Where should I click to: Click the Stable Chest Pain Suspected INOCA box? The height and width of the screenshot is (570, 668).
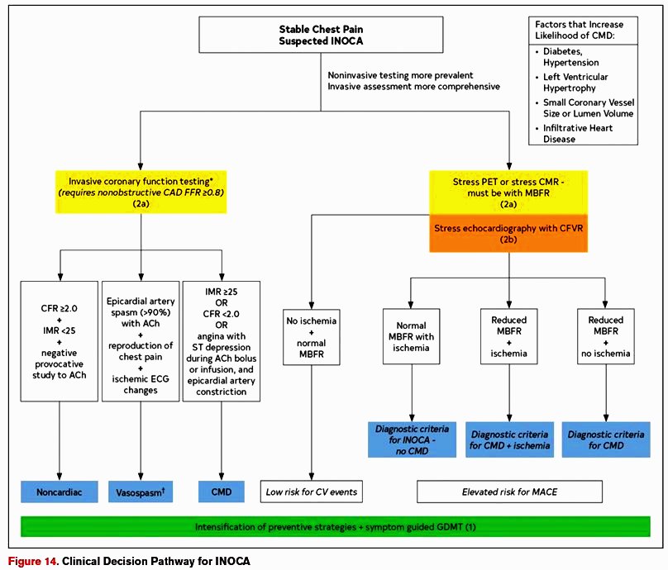tap(321, 35)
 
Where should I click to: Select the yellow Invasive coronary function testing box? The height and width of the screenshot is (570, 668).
tap(141, 192)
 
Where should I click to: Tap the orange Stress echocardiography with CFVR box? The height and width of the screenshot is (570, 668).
tap(508, 233)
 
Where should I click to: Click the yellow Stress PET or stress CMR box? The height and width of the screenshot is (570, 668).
tap(508, 192)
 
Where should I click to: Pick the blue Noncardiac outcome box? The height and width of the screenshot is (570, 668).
tap(60, 492)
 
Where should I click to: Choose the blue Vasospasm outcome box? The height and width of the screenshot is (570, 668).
tap(141, 492)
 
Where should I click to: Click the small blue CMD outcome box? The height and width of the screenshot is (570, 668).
tap(221, 492)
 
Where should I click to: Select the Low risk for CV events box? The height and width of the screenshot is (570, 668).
tap(312, 492)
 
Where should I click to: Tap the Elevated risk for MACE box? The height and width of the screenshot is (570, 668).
tap(509, 492)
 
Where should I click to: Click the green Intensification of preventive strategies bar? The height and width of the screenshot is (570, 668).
tap(336, 526)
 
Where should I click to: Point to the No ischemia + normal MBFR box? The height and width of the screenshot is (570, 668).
tap(312, 337)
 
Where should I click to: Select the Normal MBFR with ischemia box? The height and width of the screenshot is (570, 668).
tap(411, 336)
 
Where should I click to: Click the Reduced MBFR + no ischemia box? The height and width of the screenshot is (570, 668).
tap(606, 336)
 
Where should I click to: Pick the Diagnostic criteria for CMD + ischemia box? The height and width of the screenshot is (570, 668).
tap(509, 439)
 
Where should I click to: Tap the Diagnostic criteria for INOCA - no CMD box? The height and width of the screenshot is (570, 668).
tap(412, 439)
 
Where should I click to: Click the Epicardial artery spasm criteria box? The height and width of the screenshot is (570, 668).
tap(141, 341)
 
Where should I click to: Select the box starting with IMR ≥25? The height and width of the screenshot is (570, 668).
tap(221, 341)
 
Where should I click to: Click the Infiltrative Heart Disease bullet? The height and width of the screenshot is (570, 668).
tap(575, 133)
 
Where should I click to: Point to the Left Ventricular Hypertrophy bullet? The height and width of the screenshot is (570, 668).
tap(572, 82)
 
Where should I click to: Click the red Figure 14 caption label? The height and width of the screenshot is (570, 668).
tap(32, 561)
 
